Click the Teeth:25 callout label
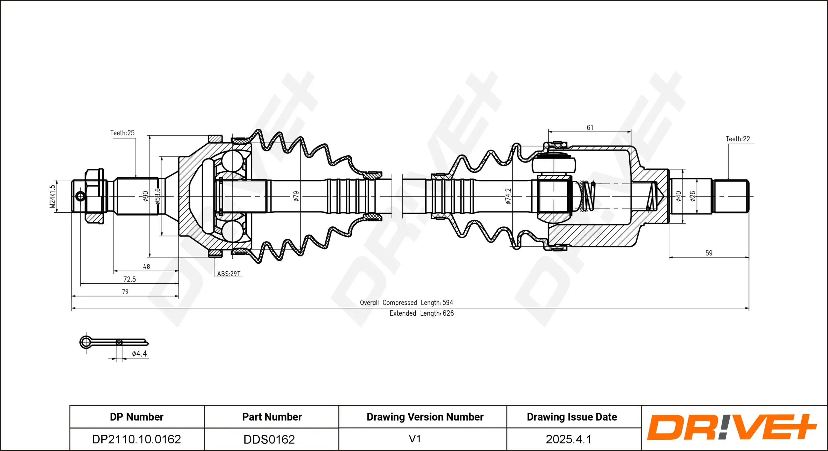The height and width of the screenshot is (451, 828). point(122,133)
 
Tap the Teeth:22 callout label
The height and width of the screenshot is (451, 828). point(738,139)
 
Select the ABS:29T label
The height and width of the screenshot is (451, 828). point(229,274)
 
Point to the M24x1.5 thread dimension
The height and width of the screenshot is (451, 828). point(52,197)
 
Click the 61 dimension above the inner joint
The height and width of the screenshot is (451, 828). point(590,128)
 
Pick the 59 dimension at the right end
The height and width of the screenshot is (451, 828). point(708,253)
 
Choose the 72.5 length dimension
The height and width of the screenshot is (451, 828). point(129,279)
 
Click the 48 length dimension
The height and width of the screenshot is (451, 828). point(146,267)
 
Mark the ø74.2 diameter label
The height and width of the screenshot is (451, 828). point(508,196)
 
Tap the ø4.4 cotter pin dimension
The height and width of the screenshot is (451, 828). point(139,354)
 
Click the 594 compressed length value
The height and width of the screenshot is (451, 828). point(447,303)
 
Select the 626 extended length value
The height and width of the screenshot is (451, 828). point(448,313)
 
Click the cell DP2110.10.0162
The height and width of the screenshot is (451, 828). point(136,439)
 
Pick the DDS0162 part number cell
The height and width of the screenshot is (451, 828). point(269,439)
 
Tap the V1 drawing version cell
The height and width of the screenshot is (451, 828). point(415,439)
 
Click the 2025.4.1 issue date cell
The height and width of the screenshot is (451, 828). point(568,439)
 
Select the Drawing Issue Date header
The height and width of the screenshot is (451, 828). point(572,417)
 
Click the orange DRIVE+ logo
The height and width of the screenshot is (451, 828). point(732,427)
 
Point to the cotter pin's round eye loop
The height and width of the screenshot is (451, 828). point(86,342)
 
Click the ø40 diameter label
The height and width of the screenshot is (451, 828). point(678,196)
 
